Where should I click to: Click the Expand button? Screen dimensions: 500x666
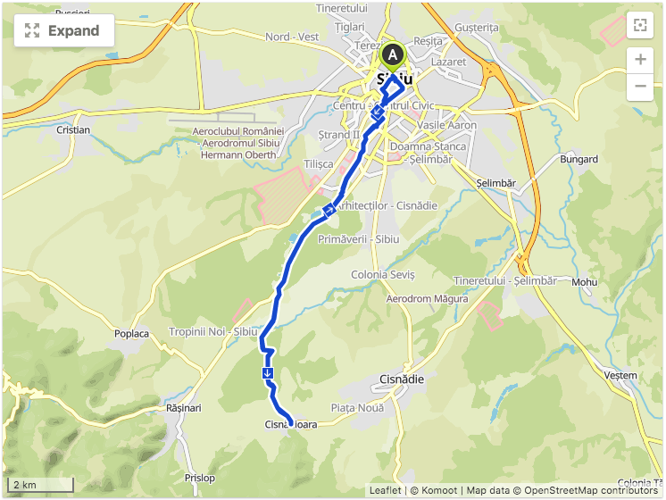(63, 30)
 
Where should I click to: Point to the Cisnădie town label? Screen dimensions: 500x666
(402, 379)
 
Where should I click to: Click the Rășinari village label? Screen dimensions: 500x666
(184, 407)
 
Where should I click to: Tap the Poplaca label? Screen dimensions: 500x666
(131, 334)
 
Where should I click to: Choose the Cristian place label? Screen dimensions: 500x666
(73, 129)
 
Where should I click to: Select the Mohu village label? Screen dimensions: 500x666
(585, 282)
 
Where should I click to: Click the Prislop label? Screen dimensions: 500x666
(200, 478)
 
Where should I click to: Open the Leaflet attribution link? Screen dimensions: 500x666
(385, 490)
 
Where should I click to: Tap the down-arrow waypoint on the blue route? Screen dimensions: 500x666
(268, 372)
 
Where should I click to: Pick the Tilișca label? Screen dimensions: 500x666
(319, 164)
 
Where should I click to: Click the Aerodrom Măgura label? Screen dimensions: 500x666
(427, 298)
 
